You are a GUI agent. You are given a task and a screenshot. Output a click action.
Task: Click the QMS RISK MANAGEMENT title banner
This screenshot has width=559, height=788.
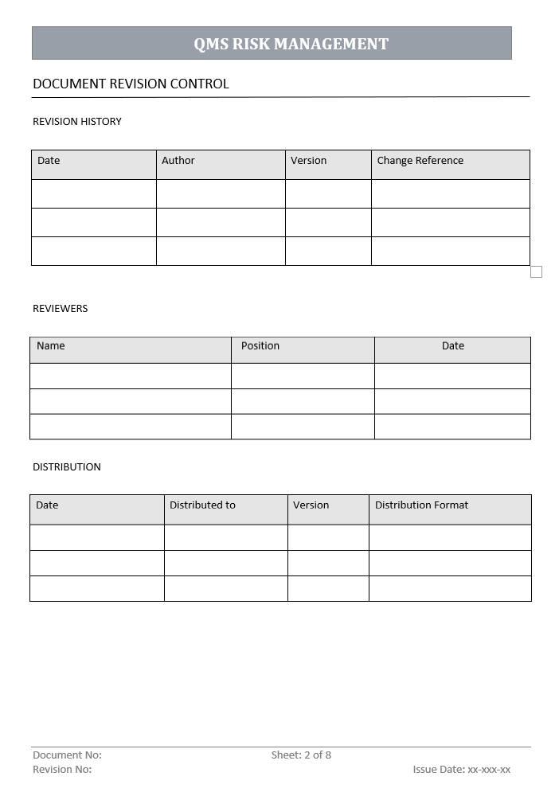291,44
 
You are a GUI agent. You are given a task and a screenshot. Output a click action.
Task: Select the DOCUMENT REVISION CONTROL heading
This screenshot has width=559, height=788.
131,84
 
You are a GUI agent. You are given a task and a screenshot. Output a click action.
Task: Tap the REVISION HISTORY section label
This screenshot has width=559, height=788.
77,122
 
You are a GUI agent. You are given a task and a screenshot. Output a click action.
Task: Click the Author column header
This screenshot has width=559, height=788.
178,161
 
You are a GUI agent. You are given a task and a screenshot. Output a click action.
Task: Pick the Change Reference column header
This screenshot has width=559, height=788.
420,161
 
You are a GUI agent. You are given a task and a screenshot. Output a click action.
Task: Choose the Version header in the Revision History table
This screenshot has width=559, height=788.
308,161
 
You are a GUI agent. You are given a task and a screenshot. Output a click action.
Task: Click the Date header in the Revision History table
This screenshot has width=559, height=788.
49,161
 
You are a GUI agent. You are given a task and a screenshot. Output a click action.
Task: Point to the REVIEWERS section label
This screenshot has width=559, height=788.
61,309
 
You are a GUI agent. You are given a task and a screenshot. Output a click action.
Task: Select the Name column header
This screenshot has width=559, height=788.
51,346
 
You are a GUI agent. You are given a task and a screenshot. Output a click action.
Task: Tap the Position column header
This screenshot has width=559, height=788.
260,346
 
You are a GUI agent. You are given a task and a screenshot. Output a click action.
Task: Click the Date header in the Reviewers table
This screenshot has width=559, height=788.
453,346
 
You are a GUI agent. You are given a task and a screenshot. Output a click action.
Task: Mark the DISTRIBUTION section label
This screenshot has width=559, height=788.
67,467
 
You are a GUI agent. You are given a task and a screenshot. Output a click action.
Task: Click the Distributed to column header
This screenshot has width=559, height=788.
202,505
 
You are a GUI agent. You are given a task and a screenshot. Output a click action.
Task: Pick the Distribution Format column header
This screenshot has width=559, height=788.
421,505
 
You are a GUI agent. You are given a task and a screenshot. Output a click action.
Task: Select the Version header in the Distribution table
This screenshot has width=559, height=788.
311,505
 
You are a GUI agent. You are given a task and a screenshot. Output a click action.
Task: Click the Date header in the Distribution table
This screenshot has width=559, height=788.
47,505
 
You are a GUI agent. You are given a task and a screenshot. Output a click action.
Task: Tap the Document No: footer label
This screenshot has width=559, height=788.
67,755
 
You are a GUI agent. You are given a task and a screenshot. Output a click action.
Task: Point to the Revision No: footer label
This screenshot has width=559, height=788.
62,770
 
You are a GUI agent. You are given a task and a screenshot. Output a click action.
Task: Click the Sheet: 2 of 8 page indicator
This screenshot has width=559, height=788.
301,755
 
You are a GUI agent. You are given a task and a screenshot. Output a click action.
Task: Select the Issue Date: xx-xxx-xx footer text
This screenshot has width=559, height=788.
462,770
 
